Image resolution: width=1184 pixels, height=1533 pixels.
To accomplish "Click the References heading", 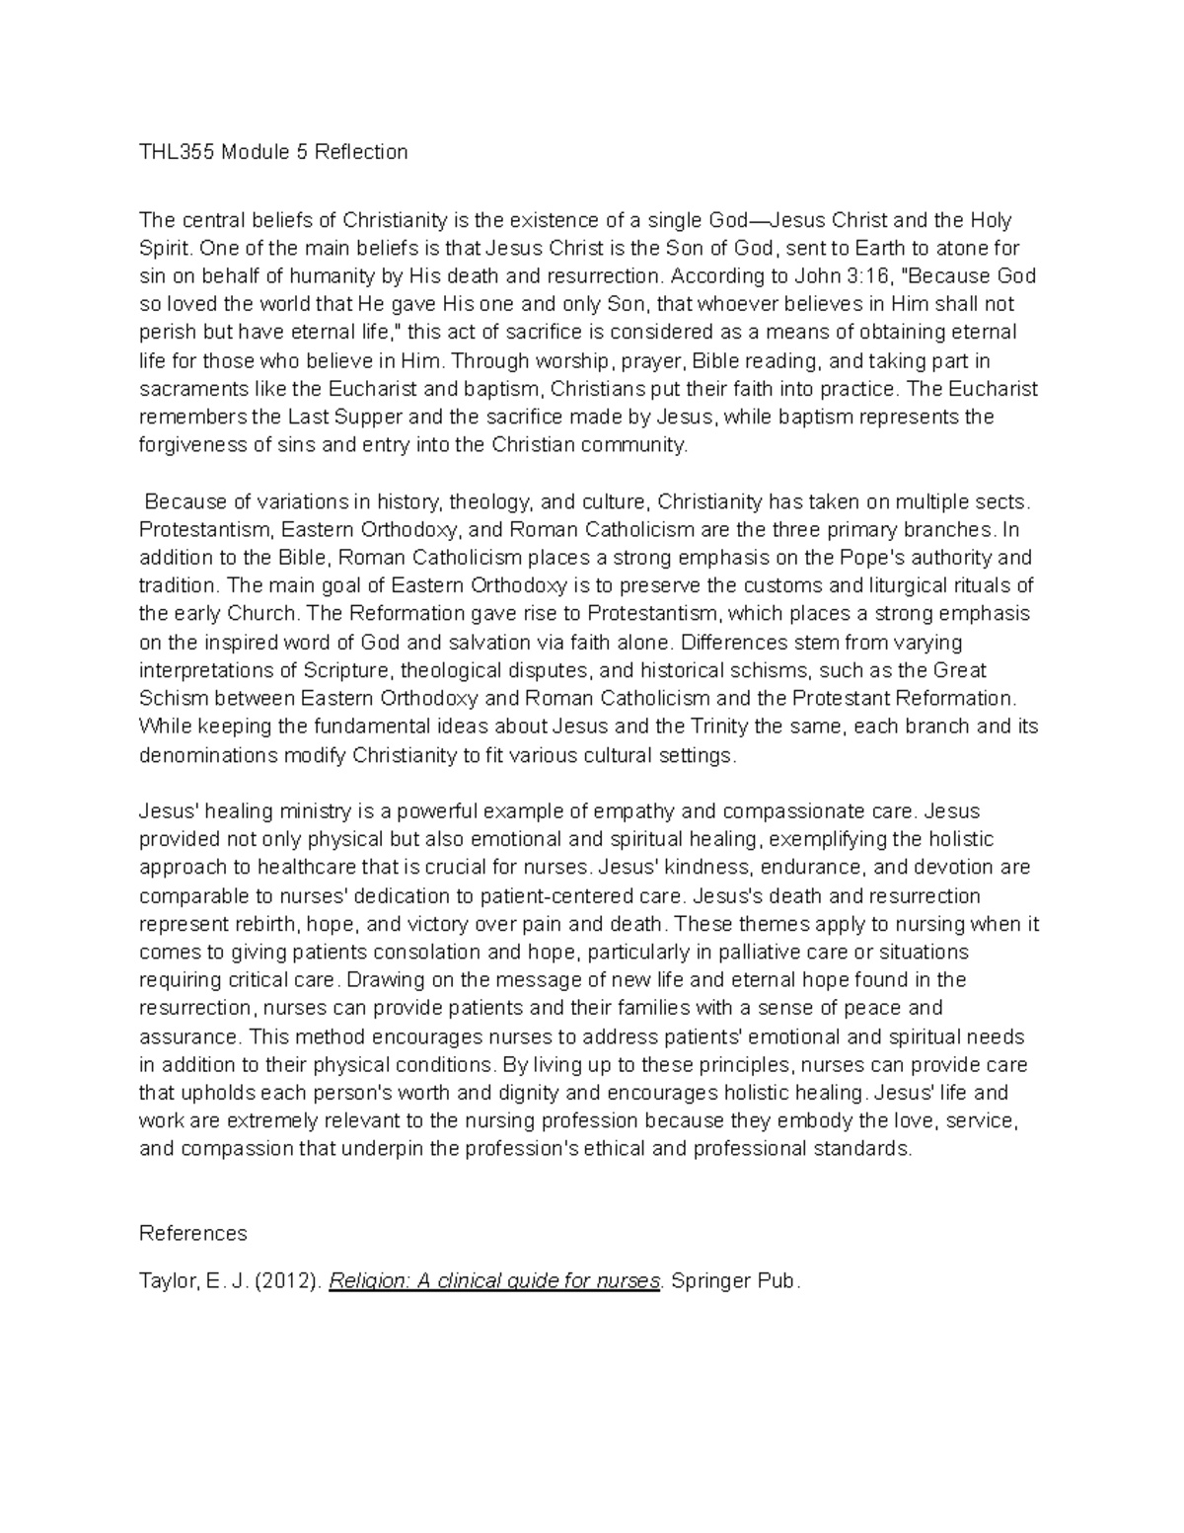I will pos(192,1234).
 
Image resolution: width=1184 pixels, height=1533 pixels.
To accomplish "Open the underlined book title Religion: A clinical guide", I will pos(494,1282).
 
